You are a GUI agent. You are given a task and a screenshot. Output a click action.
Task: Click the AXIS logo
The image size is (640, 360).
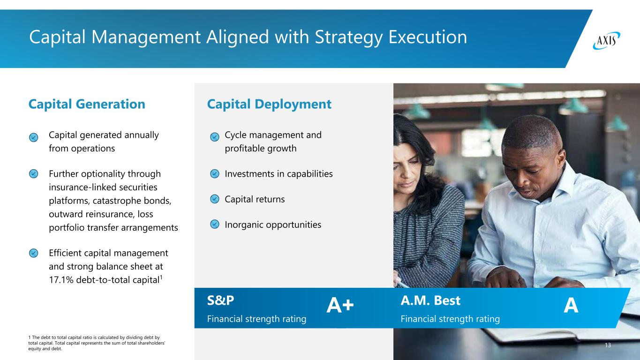[x=606, y=41]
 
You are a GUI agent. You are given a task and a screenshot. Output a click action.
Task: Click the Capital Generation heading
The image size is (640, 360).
[x=87, y=104]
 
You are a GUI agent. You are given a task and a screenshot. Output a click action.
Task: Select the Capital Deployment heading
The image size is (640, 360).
[x=269, y=104]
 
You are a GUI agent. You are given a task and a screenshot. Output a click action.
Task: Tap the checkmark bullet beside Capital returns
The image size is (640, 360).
[x=215, y=199]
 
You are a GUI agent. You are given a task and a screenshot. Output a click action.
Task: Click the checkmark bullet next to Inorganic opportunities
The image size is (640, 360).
[x=215, y=224]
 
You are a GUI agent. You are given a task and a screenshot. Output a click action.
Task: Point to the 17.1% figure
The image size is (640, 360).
[x=61, y=280]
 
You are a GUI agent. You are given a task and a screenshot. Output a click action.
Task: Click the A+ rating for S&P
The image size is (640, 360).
[x=340, y=305]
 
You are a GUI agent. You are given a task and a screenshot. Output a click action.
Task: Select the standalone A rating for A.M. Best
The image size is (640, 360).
[x=571, y=305]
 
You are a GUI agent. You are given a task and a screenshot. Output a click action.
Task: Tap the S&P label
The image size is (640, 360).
[x=220, y=300]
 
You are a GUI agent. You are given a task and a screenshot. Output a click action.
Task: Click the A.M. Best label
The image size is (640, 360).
[x=430, y=300]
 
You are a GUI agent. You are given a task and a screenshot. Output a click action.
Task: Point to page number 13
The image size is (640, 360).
[x=608, y=345]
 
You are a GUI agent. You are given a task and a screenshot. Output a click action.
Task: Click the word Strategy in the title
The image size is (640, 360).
[x=348, y=37]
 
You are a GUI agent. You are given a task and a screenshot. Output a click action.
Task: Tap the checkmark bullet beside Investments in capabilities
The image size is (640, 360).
[x=215, y=173]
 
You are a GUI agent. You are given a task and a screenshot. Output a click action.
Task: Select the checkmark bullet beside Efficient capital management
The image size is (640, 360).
[x=33, y=253]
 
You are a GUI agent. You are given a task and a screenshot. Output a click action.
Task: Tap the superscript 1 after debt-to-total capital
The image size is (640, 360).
[x=161, y=277]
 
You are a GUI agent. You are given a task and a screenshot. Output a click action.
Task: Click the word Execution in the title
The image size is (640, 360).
[x=428, y=37]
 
